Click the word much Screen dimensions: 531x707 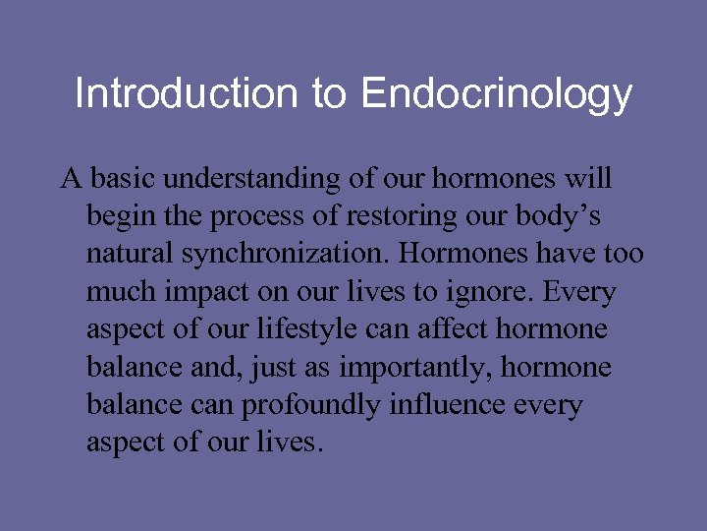coord(118,292)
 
